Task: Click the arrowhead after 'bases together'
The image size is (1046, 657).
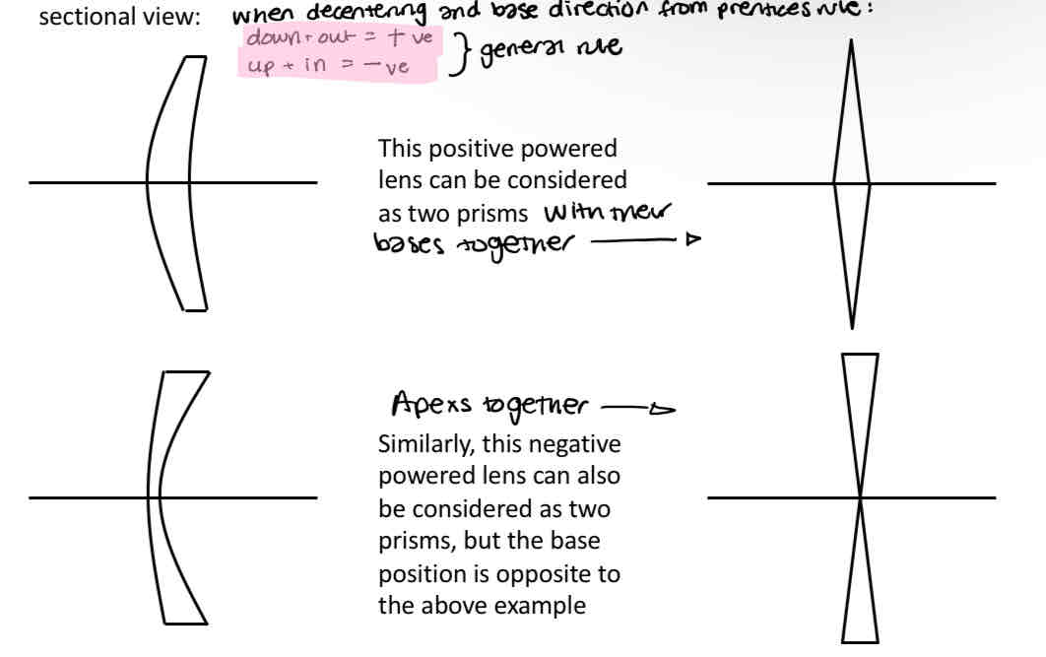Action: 693,238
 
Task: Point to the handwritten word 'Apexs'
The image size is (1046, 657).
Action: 428,404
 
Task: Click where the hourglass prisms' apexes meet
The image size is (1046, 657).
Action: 860,497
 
